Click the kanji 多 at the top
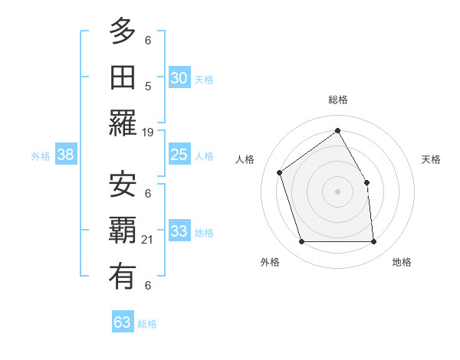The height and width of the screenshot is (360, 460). pos(123,32)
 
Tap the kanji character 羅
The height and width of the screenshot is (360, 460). pos(123,123)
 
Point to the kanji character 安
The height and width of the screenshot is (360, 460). pos(123,184)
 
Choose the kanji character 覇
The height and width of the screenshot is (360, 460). pos(123,230)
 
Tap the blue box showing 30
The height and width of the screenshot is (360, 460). pos(179,78)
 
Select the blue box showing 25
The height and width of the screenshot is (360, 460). pos(179,155)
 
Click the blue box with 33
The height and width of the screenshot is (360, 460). pos(179,231)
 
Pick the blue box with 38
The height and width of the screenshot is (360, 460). pos(66,155)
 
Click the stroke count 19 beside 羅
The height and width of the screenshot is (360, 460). pos(148,133)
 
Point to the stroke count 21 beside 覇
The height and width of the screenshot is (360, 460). pos(148,240)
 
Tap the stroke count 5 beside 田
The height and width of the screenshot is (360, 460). pos(148,87)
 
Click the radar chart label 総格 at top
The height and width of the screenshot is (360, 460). pos(337,100)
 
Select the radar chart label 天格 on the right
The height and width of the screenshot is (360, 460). pos(432,159)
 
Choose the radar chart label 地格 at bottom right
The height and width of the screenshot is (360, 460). pos(402,262)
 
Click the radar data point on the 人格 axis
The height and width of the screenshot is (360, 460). pos(280,172)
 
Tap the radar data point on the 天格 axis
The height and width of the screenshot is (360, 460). pos(366,182)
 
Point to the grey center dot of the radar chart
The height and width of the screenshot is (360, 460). pos(337,191)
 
